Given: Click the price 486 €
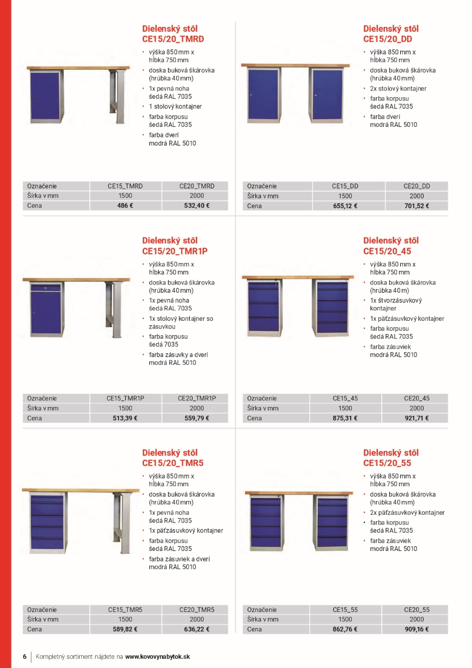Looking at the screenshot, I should (x=125, y=206).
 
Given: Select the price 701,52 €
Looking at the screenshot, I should (x=417, y=206).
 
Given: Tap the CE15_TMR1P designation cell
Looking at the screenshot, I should (x=125, y=398).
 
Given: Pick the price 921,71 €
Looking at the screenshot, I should (x=417, y=418).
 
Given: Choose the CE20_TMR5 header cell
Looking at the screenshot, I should (x=196, y=610).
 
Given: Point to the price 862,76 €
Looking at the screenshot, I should (x=345, y=630).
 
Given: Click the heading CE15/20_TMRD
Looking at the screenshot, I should (x=173, y=39).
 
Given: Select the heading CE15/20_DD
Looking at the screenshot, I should (x=387, y=39).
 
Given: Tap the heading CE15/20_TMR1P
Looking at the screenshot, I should (x=175, y=251).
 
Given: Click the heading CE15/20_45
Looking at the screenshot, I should (x=387, y=251).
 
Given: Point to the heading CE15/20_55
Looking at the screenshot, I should (x=387, y=463).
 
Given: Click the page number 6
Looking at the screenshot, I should (x=25, y=656).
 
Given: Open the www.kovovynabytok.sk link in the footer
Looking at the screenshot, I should (x=158, y=656).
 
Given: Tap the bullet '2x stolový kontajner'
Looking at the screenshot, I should (x=398, y=88).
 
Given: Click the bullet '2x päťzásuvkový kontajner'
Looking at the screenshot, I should (x=407, y=513).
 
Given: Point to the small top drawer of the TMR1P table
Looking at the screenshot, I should (x=46, y=287).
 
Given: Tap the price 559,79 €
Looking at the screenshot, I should (x=196, y=418).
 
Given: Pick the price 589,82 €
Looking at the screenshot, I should (x=125, y=630).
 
